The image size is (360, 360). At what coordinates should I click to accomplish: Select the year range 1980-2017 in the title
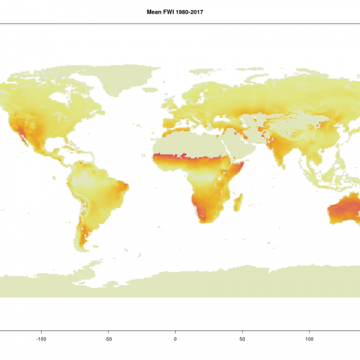[191, 12]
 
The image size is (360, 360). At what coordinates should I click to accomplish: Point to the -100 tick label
[41, 337]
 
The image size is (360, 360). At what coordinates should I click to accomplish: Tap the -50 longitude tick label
[108, 337]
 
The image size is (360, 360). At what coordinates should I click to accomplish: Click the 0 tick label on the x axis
[175, 337]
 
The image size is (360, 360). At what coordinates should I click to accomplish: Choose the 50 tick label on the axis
[242, 337]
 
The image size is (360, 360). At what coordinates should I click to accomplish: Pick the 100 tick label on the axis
[309, 337]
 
